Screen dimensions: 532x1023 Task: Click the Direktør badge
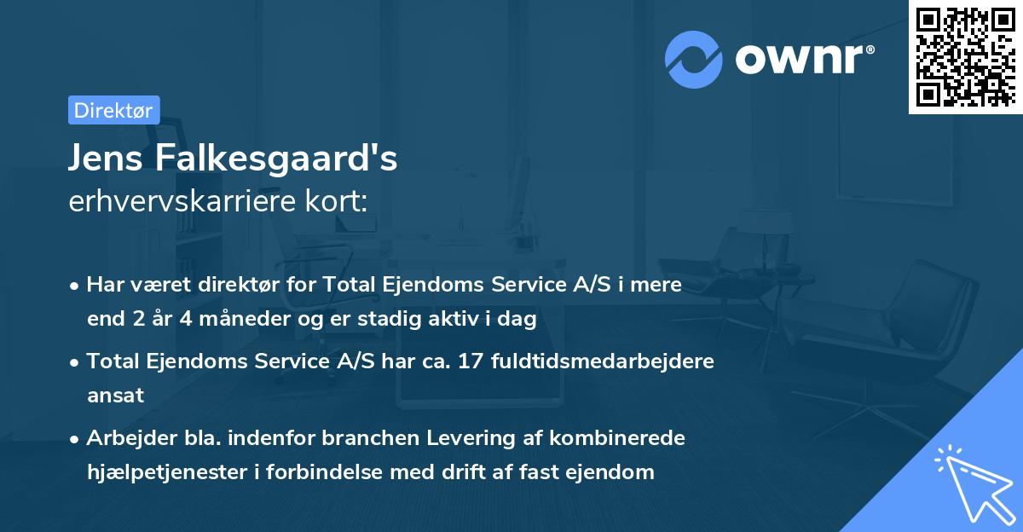coord(113,110)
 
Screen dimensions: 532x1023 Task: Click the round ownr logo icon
coord(694,60)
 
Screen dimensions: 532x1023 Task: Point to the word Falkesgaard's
coord(277,159)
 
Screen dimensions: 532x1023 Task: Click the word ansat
coord(115,395)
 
